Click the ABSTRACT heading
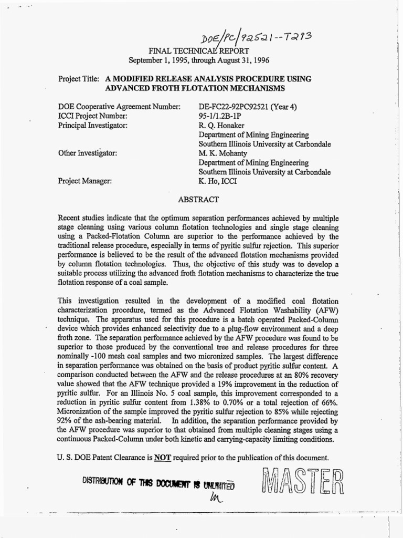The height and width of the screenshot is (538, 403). pos(195,199)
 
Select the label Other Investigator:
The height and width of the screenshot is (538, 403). pos(88,153)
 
